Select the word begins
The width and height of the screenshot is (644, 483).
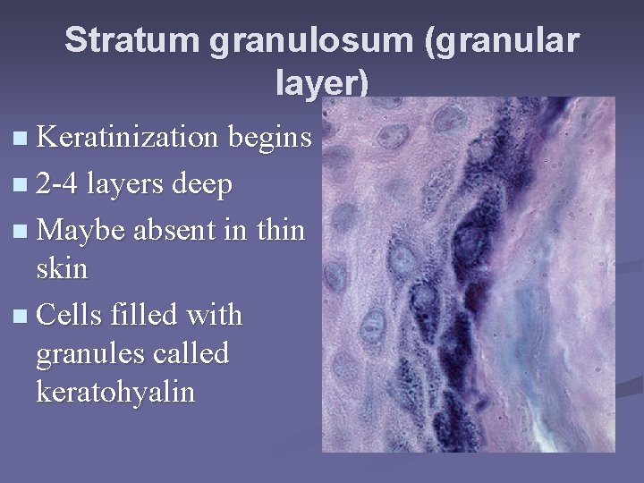click(x=270, y=140)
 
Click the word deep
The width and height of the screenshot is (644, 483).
click(x=201, y=186)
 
